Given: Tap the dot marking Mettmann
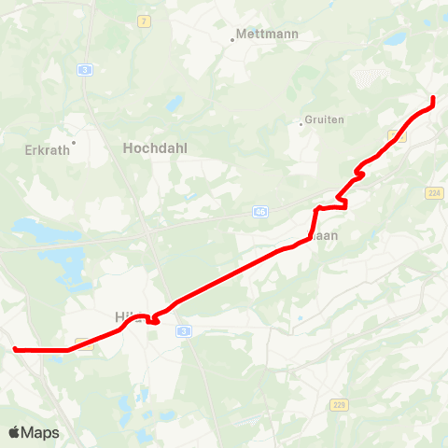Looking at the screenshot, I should (233, 40).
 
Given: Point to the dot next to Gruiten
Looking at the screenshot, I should (301, 122).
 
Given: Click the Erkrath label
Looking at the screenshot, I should (47, 148).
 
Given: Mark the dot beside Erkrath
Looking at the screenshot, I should (73, 143).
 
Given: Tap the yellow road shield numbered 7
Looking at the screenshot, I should (144, 21).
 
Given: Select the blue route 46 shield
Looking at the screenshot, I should (259, 213).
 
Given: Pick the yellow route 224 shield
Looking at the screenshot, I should (433, 192).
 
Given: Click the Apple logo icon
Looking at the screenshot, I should (15, 432).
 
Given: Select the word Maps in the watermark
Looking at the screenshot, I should (41, 432).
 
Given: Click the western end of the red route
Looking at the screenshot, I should (14, 349).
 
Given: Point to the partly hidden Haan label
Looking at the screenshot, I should (329, 236).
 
